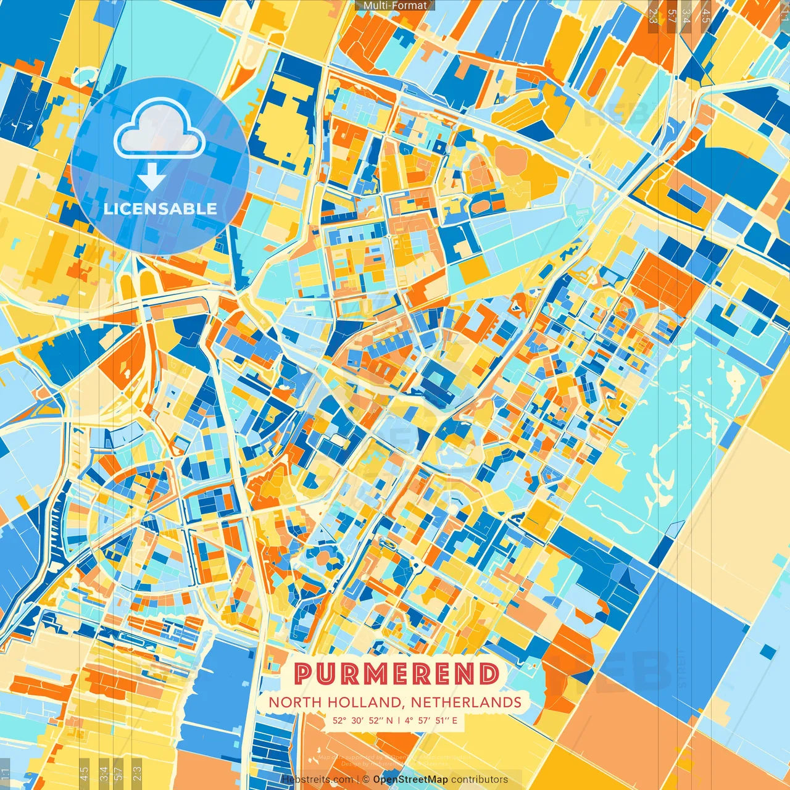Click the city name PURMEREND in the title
click(396, 673)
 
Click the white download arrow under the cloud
click(151, 178)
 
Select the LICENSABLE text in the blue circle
click(160, 209)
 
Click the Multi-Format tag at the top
click(395, 6)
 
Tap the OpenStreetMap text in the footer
click(410, 780)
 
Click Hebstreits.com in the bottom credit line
click(317, 780)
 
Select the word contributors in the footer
click(480, 780)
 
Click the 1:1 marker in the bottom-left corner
click(6, 773)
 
